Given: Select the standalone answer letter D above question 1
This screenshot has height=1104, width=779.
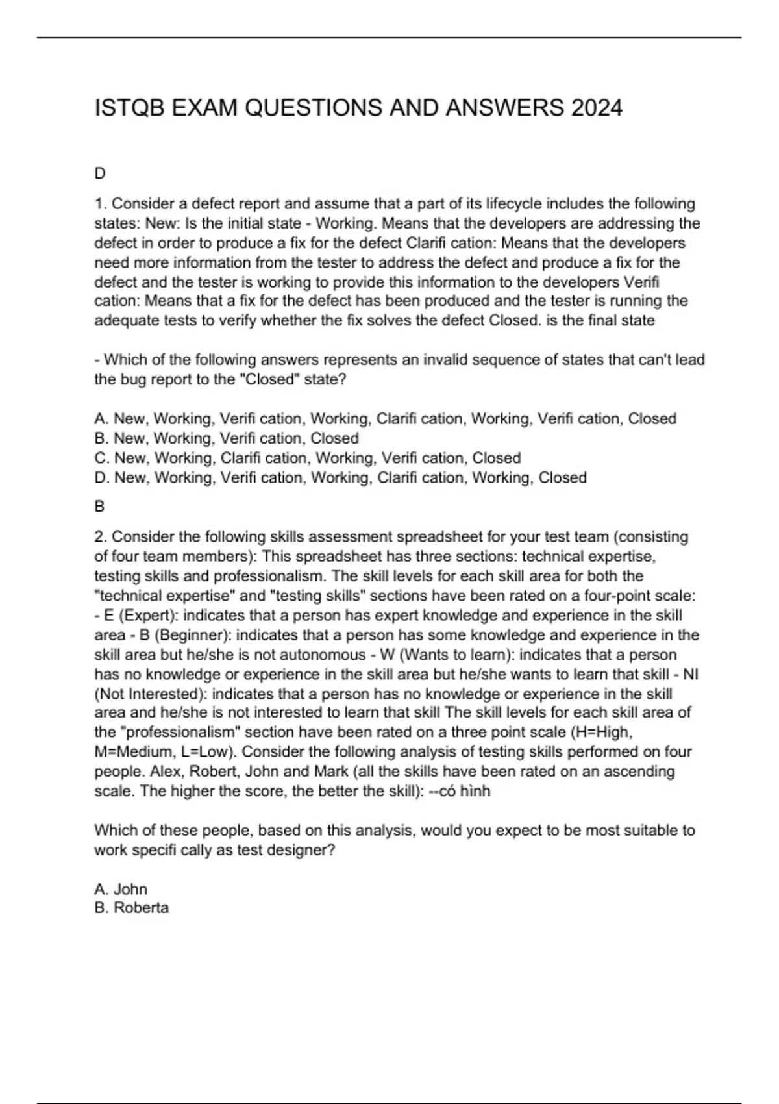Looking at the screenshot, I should coord(100,173).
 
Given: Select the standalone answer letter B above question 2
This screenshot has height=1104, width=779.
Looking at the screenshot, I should coord(99,506).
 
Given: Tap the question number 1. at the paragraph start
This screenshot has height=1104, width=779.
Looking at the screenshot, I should coord(101,204).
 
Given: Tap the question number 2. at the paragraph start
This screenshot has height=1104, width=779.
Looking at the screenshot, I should coord(101,537).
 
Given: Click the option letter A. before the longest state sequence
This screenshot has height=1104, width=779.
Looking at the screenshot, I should coord(101,419).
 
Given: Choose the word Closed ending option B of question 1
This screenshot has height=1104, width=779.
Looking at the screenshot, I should coord(334,438).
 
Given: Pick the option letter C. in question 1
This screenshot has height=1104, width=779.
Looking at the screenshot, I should coord(102,458).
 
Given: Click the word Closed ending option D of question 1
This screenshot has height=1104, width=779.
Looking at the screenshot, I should coord(562,478).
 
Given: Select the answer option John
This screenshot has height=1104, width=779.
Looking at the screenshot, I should coord(130,889).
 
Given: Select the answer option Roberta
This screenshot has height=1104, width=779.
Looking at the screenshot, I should coord(141,908).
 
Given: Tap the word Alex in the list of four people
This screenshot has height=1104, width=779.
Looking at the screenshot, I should coord(166,772).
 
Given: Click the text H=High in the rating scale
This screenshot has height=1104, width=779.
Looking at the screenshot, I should coord(604,733).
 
